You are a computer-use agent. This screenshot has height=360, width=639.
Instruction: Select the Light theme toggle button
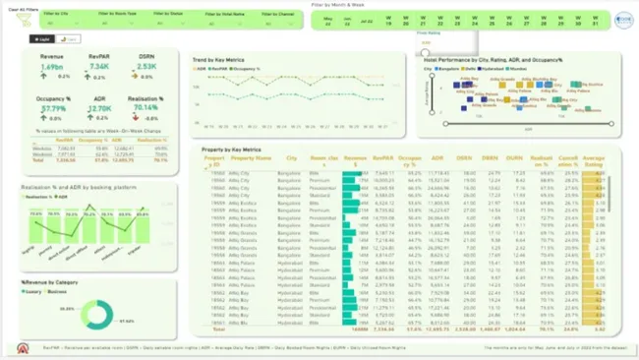[42, 39]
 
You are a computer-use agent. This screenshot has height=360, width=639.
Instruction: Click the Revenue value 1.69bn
[52, 67]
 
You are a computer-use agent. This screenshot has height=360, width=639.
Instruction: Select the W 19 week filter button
[389, 21]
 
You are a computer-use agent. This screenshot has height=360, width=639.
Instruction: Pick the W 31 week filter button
[596, 21]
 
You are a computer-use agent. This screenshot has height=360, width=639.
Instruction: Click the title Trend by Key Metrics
[218, 60]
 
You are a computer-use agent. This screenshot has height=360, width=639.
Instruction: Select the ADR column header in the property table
[436, 157]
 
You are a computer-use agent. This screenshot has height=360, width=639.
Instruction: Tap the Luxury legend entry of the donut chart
[33, 292]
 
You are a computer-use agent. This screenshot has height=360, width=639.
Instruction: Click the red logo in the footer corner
[23, 349]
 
